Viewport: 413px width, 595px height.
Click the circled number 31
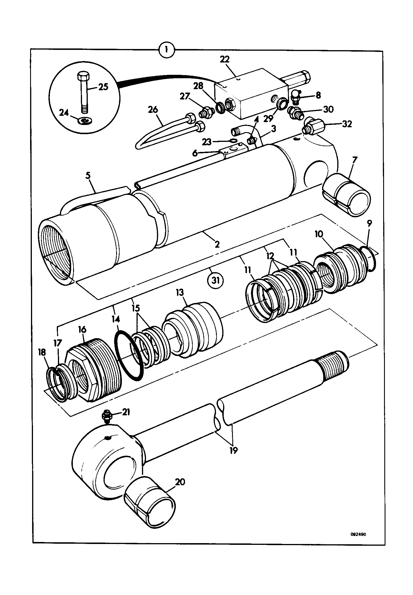[215, 281]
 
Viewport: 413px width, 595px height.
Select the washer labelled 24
[85, 121]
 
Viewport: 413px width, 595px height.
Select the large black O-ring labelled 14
[129, 355]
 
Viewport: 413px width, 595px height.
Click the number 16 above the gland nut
[82, 329]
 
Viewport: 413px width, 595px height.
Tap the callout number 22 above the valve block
[225, 59]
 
